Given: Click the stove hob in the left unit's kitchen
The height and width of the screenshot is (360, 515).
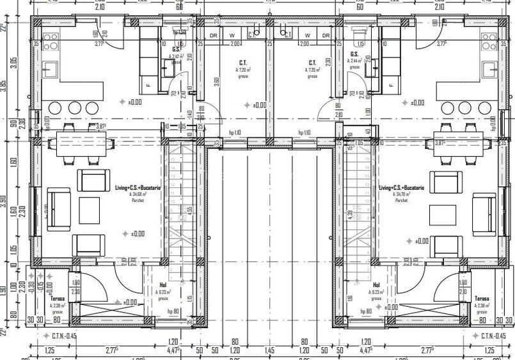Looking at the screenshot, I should click(50, 42).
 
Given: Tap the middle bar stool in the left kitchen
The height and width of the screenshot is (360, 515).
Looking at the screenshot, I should click(75, 107).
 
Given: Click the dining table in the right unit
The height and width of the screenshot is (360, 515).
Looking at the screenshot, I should click(459, 139).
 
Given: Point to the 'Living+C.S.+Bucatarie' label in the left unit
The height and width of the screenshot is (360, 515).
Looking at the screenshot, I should click(138, 188).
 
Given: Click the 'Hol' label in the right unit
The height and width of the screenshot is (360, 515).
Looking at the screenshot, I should click(376, 285).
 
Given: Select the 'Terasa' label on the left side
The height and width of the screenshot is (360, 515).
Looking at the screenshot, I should click(59, 298).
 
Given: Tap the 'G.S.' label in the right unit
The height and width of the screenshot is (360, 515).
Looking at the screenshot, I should click(354, 54).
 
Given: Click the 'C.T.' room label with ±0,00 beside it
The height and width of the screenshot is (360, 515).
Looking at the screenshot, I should click(244, 63).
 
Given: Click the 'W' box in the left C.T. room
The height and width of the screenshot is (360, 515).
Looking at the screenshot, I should click(232, 35).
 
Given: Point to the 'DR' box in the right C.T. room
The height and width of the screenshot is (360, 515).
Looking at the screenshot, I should click(326, 35).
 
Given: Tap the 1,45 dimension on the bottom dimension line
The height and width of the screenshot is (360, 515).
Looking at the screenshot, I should click(269, 350).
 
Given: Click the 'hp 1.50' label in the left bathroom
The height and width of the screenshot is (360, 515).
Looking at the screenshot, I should click(180, 32).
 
